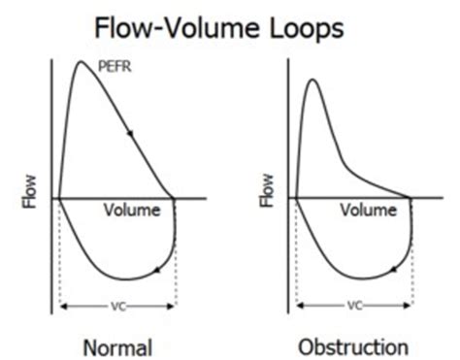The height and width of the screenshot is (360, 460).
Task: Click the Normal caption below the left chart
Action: click(117, 344)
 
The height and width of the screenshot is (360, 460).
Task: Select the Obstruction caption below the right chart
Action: click(354, 344)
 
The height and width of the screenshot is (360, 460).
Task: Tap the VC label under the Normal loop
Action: click(117, 307)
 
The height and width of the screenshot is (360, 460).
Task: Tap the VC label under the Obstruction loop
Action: click(353, 307)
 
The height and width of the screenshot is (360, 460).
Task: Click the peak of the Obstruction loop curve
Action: click(312, 80)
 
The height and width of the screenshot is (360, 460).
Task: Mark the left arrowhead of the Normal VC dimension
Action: click(63, 307)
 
